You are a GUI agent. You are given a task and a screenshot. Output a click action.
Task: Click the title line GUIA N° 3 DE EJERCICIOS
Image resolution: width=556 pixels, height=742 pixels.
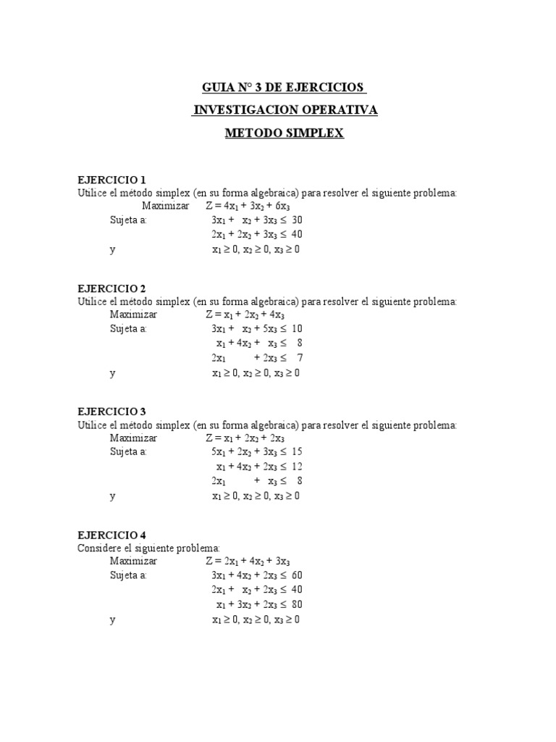pyautogui.click(x=284, y=88)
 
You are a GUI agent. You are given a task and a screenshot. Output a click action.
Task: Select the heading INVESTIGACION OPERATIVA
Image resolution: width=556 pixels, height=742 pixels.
pyautogui.click(x=285, y=111)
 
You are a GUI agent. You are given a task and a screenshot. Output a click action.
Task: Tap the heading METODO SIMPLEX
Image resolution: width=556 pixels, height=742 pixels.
pyautogui.click(x=285, y=134)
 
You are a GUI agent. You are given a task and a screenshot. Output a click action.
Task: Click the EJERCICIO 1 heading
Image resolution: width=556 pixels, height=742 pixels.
pyautogui.click(x=111, y=180)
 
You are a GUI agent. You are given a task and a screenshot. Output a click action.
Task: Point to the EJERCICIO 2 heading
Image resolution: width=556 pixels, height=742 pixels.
pyautogui.click(x=111, y=288)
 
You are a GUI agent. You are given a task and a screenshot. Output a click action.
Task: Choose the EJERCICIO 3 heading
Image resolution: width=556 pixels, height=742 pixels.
pyautogui.click(x=111, y=411)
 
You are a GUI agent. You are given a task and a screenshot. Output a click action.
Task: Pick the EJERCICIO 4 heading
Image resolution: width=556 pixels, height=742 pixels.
pyautogui.click(x=111, y=535)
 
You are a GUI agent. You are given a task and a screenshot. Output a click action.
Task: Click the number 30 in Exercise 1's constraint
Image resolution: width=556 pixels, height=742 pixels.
pyautogui.click(x=296, y=220)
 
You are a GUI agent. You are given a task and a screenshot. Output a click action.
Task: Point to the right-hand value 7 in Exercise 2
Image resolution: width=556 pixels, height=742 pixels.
pyautogui.click(x=299, y=358)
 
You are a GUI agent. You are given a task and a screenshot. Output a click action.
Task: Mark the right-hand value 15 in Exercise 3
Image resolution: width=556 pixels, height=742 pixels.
pyautogui.click(x=296, y=452)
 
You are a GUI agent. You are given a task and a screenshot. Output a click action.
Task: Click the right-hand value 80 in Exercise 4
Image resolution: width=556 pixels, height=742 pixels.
pyautogui.click(x=296, y=604)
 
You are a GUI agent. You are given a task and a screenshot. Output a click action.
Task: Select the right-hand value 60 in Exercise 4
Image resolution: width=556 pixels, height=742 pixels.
pyautogui.click(x=296, y=576)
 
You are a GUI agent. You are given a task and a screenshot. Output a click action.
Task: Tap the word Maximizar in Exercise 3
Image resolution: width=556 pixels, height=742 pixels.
pyautogui.click(x=133, y=438)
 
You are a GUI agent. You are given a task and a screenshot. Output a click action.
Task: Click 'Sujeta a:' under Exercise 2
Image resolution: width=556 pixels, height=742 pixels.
pyautogui.click(x=128, y=329)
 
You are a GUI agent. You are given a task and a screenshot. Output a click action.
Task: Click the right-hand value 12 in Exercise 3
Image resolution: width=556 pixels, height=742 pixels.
pyautogui.click(x=296, y=467)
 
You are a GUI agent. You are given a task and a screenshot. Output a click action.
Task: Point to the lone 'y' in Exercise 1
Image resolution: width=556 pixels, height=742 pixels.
pyautogui.click(x=112, y=249)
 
